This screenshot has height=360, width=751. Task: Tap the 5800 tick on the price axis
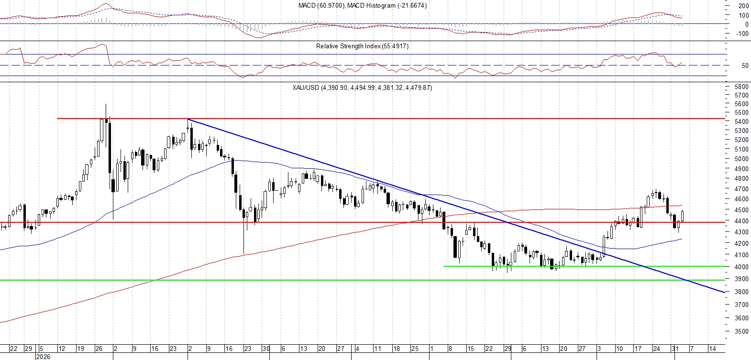tap(741, 87)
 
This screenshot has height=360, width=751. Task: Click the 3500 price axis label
tap(741, 331)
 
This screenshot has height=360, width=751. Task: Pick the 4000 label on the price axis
tap(741, 267)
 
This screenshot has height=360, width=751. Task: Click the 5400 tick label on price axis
tap(741, 121)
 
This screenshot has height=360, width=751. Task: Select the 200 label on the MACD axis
tap(743, 6)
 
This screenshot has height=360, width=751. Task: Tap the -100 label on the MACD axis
tap(742, 33)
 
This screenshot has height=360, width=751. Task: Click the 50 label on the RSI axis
tap(745, 65)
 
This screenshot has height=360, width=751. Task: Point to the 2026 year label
tap(43, 357)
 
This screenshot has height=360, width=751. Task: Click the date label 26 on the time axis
tap(99, 349)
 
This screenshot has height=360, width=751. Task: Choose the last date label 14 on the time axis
tap(712, 349)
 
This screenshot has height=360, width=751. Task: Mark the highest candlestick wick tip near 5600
tap(106, 104)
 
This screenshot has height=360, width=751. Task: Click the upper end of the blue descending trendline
tap(188, 119)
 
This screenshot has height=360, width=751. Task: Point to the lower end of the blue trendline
tap(725, 293)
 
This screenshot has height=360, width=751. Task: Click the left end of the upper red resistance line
tap(57, 118)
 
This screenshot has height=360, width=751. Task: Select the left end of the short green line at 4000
tap(443, 266)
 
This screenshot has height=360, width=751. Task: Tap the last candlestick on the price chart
tap(682, 216)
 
